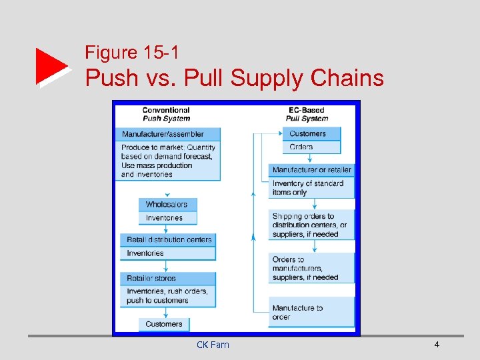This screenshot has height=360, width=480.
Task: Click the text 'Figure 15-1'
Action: pos(132,53)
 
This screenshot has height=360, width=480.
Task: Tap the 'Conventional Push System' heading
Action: pos(166,114)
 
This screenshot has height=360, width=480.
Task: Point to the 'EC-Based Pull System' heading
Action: pos(307,114)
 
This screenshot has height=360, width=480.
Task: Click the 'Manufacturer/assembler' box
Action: pos(168,134)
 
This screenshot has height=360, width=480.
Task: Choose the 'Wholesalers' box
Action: pos(167,205)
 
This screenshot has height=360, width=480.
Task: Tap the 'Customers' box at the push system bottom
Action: pos(164,324)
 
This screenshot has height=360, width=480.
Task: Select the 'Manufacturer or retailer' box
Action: pos(311,170)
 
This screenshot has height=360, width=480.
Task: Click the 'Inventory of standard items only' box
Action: pos(311,187)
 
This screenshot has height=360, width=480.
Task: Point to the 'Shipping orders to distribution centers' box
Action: pos(311,225)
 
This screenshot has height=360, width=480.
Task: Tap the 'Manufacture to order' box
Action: pos(311,312)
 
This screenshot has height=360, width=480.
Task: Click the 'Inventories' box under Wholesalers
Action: pos(167,218)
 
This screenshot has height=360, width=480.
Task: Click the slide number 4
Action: pos(437,345)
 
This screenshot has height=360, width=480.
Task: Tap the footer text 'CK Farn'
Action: pos(213,345)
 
